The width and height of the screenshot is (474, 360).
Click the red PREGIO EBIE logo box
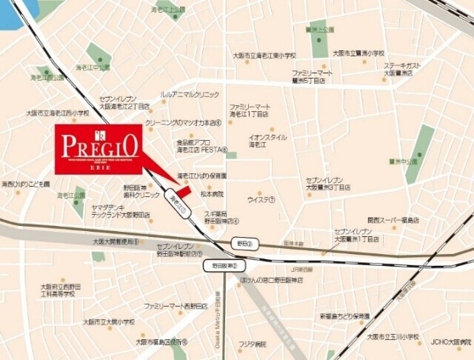coord(99,150)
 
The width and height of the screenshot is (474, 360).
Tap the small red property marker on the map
coord(183,191)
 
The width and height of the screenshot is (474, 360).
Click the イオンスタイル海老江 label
coord(267,141)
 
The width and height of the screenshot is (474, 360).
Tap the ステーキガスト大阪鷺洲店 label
coord(403,69)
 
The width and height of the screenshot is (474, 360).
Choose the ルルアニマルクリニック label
coord(190,95)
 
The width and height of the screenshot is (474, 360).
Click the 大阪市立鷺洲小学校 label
coord(360,53)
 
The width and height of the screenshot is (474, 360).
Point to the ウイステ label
coord(261,199)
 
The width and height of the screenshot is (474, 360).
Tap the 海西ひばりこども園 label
coord(26,184)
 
